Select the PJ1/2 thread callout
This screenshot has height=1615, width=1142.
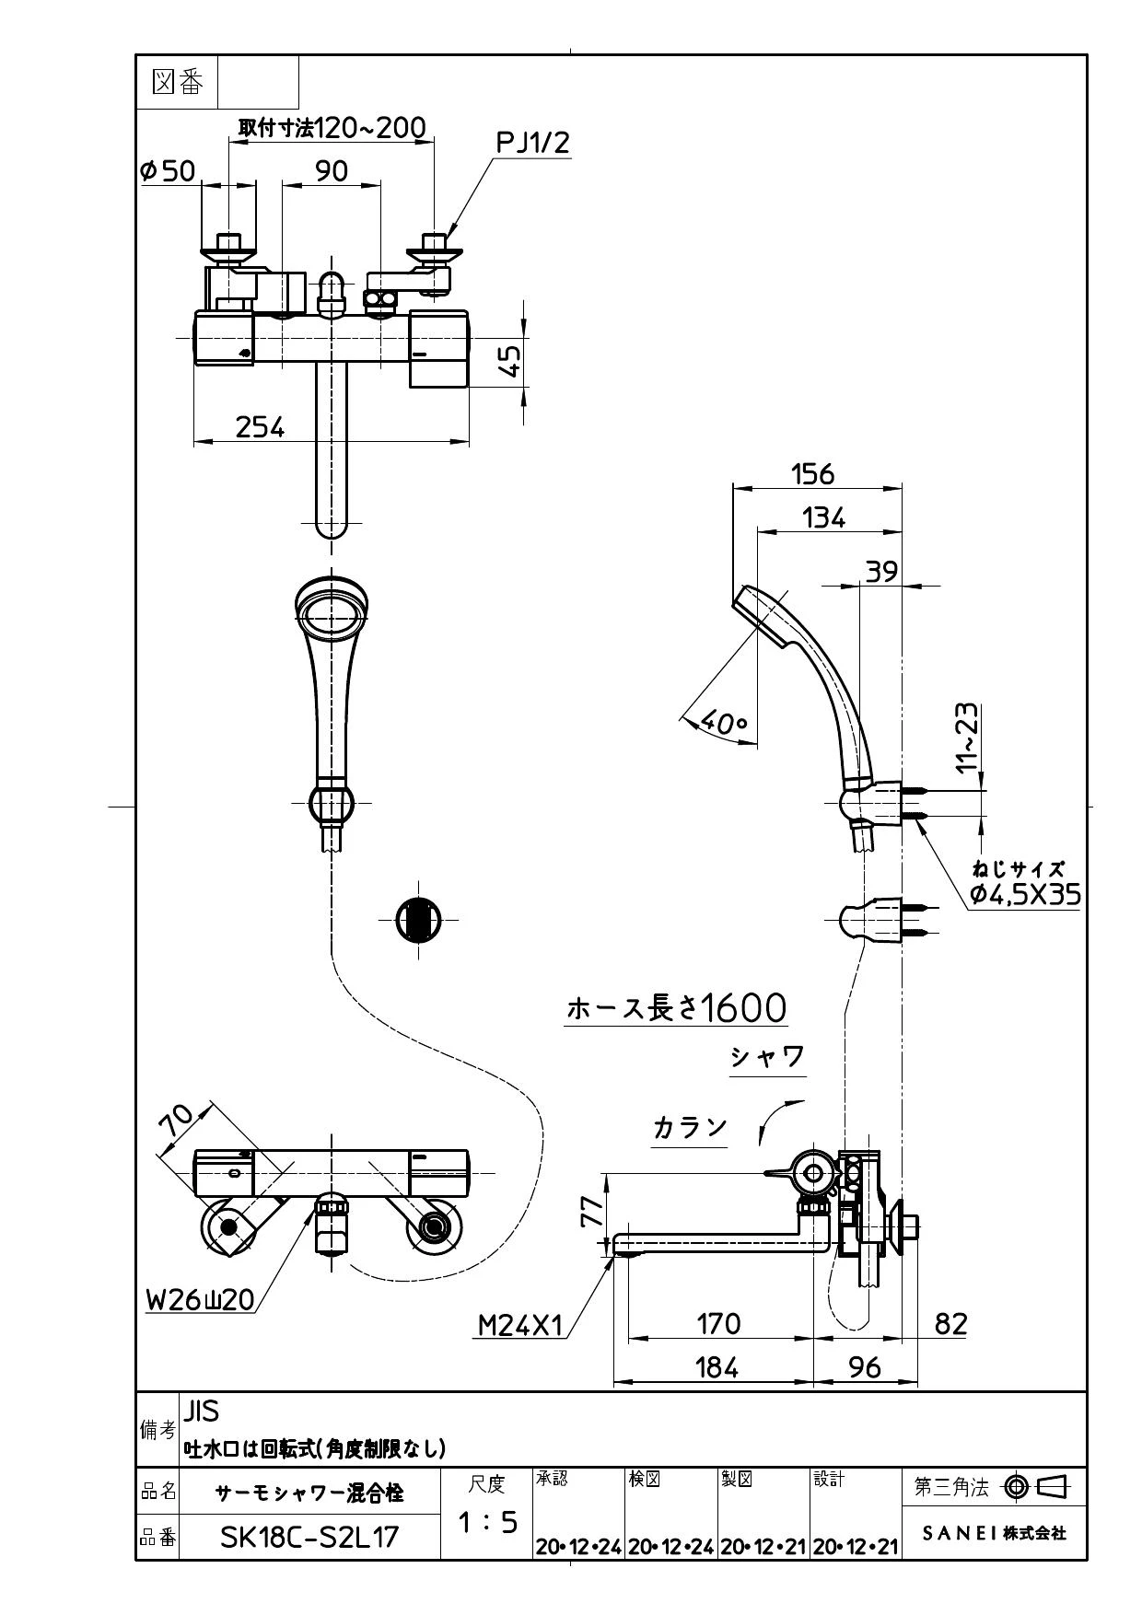(533, 143)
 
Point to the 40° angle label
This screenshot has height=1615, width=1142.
(724, 723)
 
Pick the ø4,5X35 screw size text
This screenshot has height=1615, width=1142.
(1025, 893)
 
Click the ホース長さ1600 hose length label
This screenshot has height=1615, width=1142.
(677, 1008)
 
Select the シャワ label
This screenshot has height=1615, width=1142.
(767, 1056)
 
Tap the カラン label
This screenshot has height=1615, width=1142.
(690, 1128)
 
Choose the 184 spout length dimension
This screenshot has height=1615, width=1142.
(717, 1367)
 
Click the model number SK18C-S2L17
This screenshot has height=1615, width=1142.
(309, 1537)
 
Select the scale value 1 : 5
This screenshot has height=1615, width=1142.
(487, 1523)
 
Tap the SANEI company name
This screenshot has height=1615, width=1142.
(994, 1533)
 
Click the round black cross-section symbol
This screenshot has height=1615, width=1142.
(418, 919)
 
